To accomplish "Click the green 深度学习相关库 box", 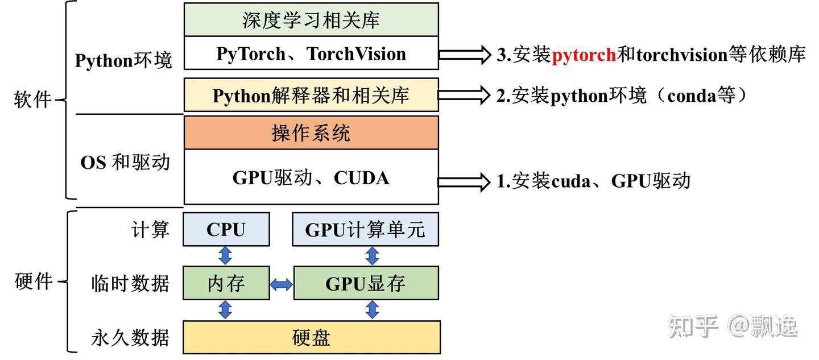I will [x=311, y=20].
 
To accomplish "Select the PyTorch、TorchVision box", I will [x=311, y=53].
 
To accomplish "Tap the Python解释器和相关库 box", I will [x=311, y=95].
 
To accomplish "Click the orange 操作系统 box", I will [x=311, y=133].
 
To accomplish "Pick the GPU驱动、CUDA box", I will [x=311, y=177].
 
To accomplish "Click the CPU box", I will [x=226, y=230].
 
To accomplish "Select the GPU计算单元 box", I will [x=365, y=230].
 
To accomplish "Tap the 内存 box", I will [x=226, y=283].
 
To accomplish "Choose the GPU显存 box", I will [x=366, y=283].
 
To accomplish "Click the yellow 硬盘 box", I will [x=311, y=337].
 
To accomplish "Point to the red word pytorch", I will [x=584, y=55].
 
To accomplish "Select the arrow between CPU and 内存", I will [x=226, y=256].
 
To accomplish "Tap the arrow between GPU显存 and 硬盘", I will [x=372, y=310].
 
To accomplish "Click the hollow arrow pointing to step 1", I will [x=464, y=181].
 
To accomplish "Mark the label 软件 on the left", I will [x=33, y=101].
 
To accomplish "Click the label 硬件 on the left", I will [x=33, y=281].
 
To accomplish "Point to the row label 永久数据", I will [x=130, y=338].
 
